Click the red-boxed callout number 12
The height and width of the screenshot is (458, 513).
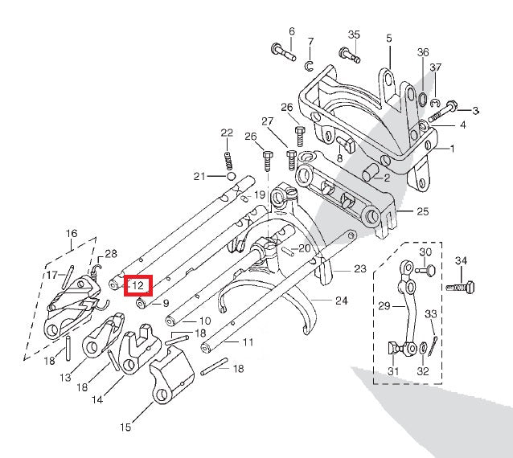pos(137,284)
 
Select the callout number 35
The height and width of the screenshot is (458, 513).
pos(354,35)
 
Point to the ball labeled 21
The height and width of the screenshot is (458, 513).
pos(231,176)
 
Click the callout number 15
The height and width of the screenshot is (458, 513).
pos(125,428)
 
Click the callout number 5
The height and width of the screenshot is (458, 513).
pos(388,38)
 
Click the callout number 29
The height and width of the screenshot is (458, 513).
pos(384,306)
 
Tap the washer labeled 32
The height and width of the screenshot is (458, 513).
pos(423,348)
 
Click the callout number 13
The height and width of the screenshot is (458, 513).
pos(64,377)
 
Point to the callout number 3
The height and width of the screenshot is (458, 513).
pos(475,110)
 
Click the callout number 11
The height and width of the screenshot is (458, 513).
pos(248,342)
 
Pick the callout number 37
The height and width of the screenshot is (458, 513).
pos(435,67)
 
